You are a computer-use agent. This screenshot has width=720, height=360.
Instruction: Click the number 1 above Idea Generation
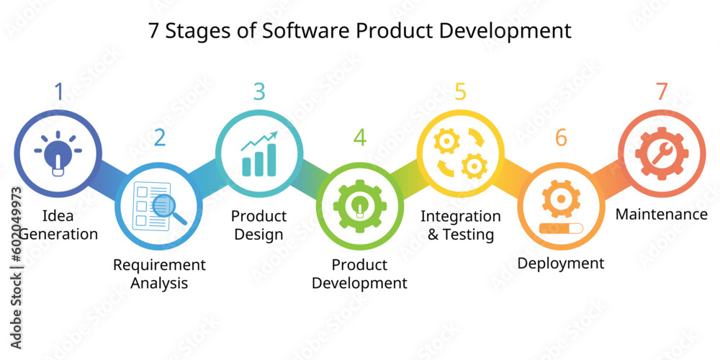click(x=58, y=91)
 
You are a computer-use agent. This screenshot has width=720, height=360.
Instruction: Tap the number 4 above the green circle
click(x=359, y=137)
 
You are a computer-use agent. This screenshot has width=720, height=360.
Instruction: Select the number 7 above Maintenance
click(x=661, y=91)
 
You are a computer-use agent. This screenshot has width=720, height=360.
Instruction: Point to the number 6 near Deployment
click(x=561, y=137)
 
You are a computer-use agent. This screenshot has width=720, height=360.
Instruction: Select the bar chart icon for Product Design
click(x=259, y=153)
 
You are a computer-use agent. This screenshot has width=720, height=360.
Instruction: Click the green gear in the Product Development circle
click(x=359, y=206)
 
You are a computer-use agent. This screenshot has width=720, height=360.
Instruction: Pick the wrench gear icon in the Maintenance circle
click(x=661, y=153)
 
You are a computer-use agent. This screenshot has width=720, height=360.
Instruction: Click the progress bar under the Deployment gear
click(x=560, y=230)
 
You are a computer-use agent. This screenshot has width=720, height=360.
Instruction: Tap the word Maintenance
click(x=661, y=214)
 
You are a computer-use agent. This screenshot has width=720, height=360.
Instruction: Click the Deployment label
click(x=561, y=263)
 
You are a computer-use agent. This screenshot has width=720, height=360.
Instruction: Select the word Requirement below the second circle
click(x=159, y=265)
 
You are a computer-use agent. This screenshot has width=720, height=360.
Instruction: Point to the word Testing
click(x=468, y=234)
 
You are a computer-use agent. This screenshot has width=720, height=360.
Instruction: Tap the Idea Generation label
click(x=58, y=225)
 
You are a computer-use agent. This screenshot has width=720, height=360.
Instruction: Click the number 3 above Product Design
click(x=259, y=91)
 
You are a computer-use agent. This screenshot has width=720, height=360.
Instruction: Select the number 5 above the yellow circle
click(x=460, y=91)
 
